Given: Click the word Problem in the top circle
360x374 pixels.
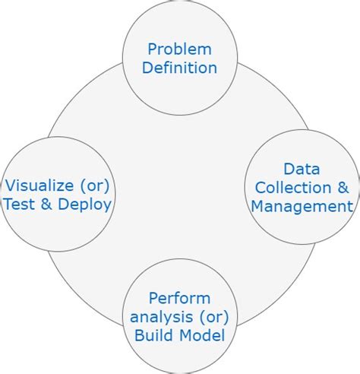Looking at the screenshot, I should tap(179, 49).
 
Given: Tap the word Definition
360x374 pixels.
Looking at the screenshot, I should tap(179, 68).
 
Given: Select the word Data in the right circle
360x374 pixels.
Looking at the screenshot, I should tap(301, 169).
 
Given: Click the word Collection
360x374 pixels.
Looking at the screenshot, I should tap(292, 187).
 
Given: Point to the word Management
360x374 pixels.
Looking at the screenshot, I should tap(302, 205).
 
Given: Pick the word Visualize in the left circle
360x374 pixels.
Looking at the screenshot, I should tap(36, 185).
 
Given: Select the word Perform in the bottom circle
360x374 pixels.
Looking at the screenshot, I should tap(179, 297).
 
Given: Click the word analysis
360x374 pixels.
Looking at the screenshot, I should tap(161, 315).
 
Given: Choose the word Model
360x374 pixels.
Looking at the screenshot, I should tap(201, 334).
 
